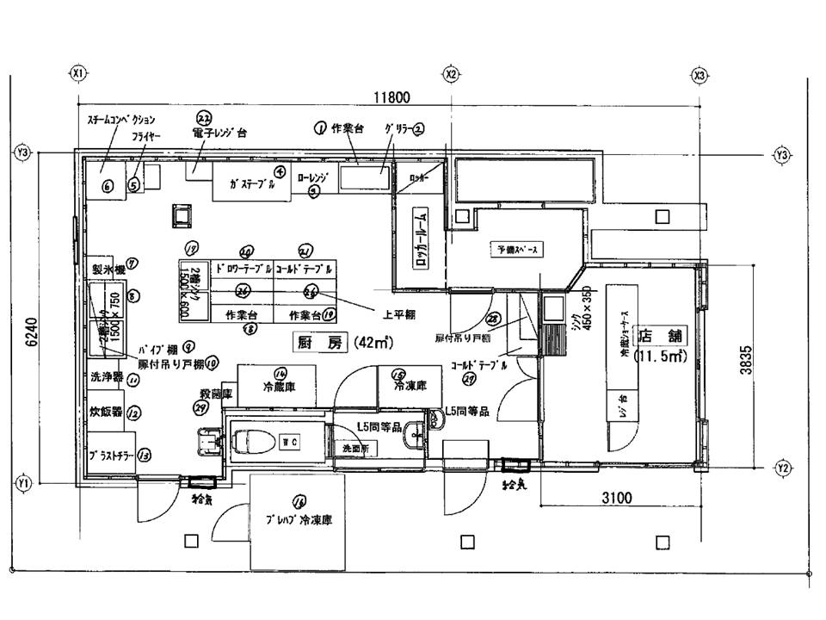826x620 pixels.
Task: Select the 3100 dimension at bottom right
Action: pos(616,497)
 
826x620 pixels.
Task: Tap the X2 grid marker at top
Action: pos(450,75)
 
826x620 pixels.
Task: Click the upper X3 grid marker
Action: pos(700,75)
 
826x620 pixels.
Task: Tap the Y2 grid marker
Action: pos(782,468)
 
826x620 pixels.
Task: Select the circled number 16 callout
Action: pos(299,500)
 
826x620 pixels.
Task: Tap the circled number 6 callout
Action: pos(108,187)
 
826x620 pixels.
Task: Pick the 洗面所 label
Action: pos(354,449)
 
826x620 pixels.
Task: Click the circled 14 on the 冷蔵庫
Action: pos(280,373)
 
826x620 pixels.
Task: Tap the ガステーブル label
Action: pos(252,184)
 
